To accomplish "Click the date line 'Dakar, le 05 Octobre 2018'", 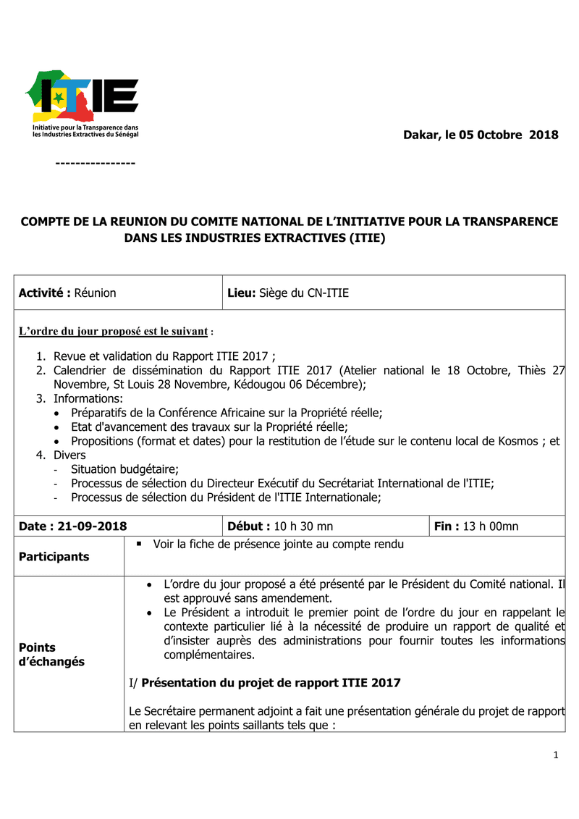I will pos(481,135).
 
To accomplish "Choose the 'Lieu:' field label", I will pos(242,293).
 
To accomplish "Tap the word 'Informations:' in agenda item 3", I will pos(88,398).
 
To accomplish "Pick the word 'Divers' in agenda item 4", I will pos(69,455).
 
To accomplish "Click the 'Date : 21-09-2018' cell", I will pos(73,526).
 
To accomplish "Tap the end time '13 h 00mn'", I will pos(491,526).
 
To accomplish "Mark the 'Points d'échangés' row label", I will pos(51,655).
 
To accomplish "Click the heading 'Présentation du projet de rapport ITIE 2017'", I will pos(271,683).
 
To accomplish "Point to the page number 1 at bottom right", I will pos(556,755).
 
